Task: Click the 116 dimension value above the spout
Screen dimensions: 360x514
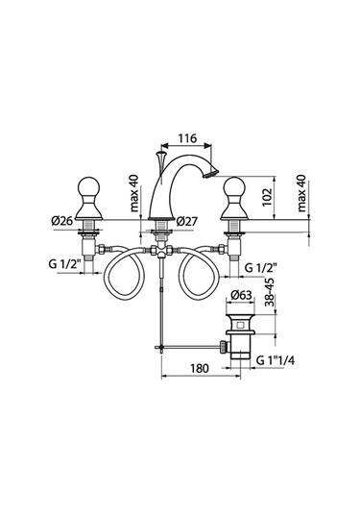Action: tap(187, 138)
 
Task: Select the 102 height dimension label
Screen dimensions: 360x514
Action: tap(268, 197)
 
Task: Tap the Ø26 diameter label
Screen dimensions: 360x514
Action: tap(61, 221)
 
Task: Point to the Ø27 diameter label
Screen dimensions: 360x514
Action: tap(186, 222)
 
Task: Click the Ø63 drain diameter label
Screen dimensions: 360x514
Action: tap(241, 295)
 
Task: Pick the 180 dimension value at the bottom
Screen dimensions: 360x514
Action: tap(199, 368)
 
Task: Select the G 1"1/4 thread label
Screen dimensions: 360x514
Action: tap(276, 360)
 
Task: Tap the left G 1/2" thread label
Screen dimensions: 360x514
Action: tap(64, 264)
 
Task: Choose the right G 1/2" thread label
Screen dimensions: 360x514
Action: tap(261, 268)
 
